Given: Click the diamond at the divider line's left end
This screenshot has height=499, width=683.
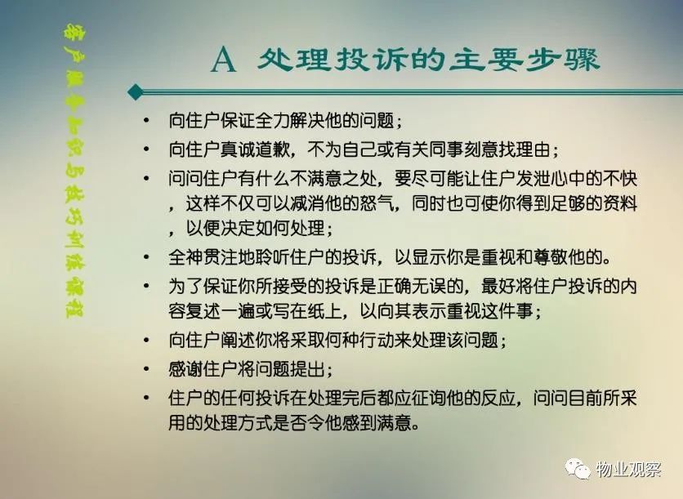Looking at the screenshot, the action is [136, 91].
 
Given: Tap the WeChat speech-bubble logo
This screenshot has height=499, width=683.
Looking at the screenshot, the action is [578, 469].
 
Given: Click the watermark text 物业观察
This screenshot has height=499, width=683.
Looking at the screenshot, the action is [629, 469].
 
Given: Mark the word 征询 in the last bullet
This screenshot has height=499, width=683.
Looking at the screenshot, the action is [429, 398].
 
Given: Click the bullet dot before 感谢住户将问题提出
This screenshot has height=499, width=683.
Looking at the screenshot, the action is [146, 369].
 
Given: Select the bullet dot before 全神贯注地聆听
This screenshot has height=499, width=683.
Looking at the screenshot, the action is [146, 257].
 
